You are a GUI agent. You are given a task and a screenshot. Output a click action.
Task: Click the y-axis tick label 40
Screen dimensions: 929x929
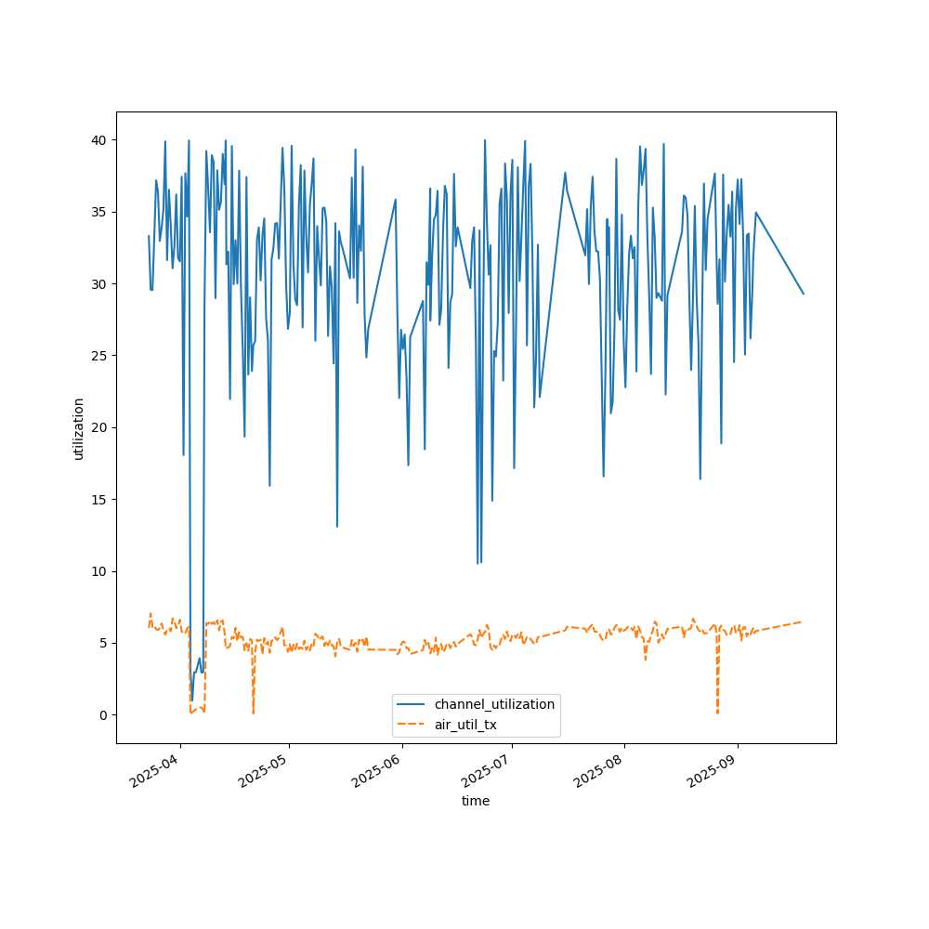tap(98, 140)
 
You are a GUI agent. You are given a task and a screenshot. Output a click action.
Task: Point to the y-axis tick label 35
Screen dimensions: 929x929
tap(98, 212)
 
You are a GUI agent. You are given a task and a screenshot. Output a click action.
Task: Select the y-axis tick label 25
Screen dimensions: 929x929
tap(98, 356)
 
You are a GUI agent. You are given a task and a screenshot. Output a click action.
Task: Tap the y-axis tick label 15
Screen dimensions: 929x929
tap(98, 500)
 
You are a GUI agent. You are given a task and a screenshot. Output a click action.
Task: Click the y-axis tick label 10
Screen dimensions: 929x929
tap(98, 571)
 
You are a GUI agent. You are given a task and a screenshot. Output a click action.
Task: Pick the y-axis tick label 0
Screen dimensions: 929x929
tap(101, 715)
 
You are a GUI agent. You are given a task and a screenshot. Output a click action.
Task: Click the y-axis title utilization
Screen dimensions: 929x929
tap(79, 428)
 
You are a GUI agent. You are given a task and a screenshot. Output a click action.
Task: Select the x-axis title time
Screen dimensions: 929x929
tap(476, 801)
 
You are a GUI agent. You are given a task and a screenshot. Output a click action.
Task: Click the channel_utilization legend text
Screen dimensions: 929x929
tap(494, 704)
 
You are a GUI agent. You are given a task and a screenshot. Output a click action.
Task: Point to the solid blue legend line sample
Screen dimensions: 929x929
tap(413, 704)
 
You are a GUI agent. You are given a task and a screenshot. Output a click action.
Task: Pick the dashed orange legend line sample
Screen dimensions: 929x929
tap(413, 725)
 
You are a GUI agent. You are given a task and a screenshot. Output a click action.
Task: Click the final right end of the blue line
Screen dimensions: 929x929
tap(804, 294)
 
